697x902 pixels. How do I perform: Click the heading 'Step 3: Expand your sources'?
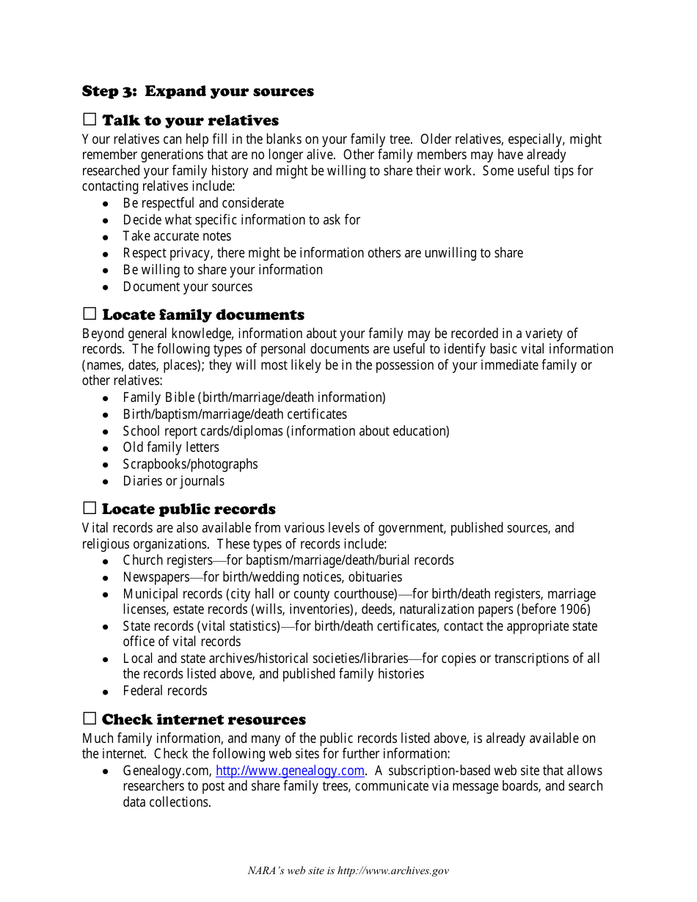click(197, 92)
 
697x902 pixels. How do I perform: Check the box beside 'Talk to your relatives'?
click(90, 120)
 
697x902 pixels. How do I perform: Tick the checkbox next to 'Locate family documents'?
click(90, 314)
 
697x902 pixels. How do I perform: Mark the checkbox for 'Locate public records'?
click(90, 508)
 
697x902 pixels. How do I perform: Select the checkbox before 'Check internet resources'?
click(90, 719)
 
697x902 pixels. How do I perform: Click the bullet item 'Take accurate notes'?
click(177, 236)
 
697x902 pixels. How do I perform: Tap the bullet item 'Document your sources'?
click(187, 287)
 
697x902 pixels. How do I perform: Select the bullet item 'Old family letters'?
click(171, 447)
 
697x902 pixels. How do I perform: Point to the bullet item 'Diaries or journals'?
click(173, 481)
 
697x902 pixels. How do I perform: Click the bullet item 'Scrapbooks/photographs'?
click(190, 464)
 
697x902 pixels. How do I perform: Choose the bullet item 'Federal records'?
click(165, 691)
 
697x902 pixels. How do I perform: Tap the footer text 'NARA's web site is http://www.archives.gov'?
click(348, 871)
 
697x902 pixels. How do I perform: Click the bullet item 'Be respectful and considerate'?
click(203, 203)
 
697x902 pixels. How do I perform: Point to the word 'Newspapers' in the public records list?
click(156, 577)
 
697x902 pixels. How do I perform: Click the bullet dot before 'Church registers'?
click(106, 562)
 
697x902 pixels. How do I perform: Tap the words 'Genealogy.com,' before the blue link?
click(167, 771)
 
